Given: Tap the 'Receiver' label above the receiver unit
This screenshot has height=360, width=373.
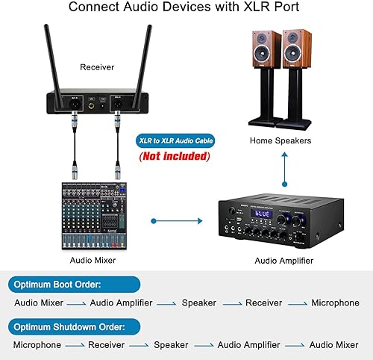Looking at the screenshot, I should tap(98, 67).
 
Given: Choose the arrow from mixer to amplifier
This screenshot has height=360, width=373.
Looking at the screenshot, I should tap(177, 220).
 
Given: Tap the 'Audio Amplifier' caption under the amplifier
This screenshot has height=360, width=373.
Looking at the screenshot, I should tap(283, 261).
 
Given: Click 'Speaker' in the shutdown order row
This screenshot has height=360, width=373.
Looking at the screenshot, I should tap(171, 345).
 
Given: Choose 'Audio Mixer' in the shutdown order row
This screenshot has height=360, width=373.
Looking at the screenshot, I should tap(334, 345).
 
